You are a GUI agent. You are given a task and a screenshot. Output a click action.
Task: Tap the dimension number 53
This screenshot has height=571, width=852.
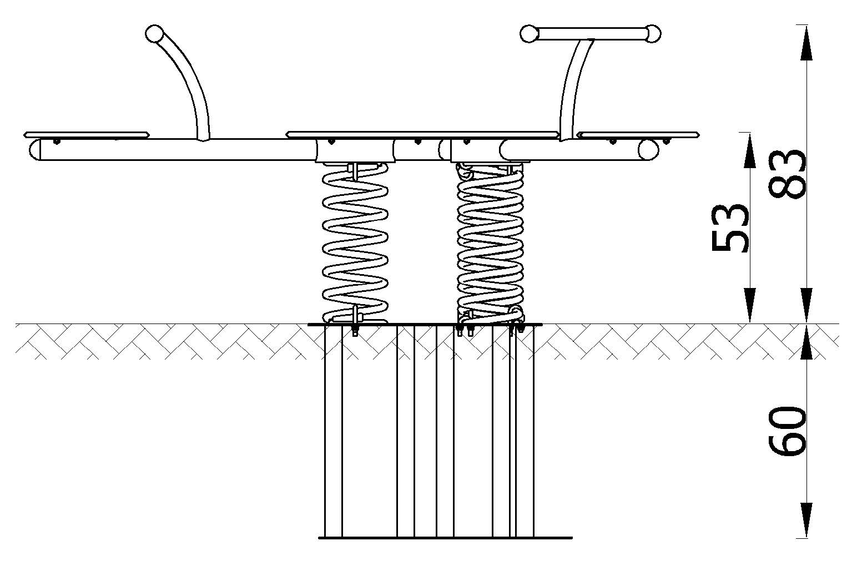[730, 228]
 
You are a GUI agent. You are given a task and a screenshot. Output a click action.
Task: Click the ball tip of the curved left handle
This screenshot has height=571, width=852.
[154, 33]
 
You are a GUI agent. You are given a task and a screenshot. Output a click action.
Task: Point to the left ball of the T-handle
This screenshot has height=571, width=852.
[529, 34]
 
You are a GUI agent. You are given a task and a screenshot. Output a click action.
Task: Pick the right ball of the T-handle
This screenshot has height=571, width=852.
[652, 34]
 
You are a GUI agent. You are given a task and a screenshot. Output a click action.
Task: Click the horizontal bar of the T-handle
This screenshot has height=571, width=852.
[591, 34]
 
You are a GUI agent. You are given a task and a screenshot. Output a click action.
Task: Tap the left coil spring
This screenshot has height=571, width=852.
[355, 243]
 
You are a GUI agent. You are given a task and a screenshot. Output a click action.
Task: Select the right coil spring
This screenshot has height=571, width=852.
[490, 242]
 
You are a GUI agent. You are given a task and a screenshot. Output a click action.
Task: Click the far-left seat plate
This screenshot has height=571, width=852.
[87, 135]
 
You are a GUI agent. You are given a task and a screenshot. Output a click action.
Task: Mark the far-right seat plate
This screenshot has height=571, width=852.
[638, 135]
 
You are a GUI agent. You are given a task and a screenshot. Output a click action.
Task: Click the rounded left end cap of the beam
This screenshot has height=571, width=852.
[34, 150]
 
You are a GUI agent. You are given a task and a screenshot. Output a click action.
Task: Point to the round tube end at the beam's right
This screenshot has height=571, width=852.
[648, 150]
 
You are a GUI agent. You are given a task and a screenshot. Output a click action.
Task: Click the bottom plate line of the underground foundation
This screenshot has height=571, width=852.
[445, 538]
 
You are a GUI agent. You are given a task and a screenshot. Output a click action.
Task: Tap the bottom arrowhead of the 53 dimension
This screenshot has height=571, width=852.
[750, 305]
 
